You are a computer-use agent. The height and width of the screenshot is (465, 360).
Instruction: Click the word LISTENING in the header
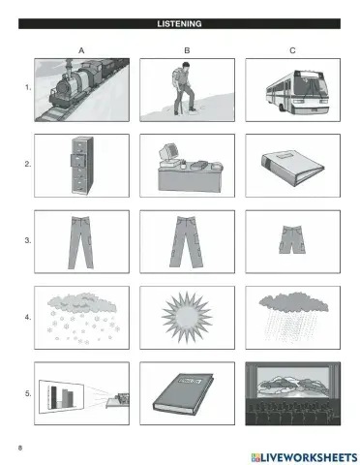[x=179, y=24]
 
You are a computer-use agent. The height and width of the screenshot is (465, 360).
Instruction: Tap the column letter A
[x=81, y=50]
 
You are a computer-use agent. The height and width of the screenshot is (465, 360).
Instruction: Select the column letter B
[x=187, y=50]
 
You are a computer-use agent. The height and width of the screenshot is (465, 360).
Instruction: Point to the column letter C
[x=292, y=50]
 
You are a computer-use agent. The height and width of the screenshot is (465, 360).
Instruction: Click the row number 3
[x=28, y=240]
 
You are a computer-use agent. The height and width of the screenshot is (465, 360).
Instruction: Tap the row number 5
[x=28, y=393]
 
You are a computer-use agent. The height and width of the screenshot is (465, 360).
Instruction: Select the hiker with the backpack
[x=183, y=88]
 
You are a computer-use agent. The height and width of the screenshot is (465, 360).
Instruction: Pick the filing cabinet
[x=82, y=166]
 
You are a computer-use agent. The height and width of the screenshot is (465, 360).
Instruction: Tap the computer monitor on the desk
[x=168, y=153]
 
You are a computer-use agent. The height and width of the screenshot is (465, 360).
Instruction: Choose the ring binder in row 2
[x=292, y=168]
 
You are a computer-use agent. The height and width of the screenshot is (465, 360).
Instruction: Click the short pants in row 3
[x=292, y=239]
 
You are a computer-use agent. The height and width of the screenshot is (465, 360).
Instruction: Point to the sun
[x=187, y=318]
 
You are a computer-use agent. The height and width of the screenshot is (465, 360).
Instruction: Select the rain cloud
[x=293, y=303]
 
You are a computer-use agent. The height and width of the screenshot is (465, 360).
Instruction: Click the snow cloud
[x=82, y=303]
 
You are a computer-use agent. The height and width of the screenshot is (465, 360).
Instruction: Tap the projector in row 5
[x=118, y=400]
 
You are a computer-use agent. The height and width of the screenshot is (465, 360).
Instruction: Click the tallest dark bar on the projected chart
[x=53, y=397]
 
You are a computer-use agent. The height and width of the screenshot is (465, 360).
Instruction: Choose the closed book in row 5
[x=183, y=394]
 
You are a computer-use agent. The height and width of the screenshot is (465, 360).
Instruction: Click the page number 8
[x=20, y=448]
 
